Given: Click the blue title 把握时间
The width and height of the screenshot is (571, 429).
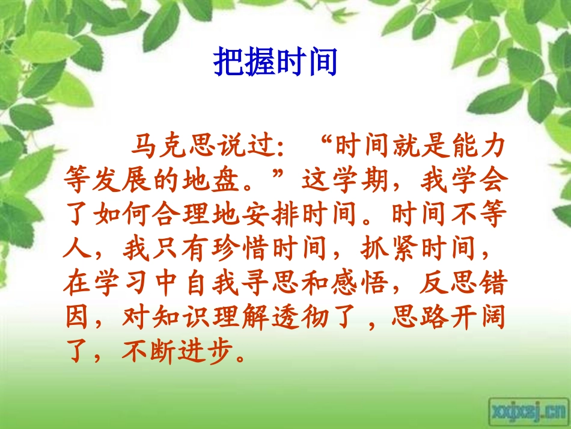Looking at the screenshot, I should (275, 63).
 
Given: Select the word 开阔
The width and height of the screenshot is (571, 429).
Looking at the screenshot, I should (478, 317).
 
